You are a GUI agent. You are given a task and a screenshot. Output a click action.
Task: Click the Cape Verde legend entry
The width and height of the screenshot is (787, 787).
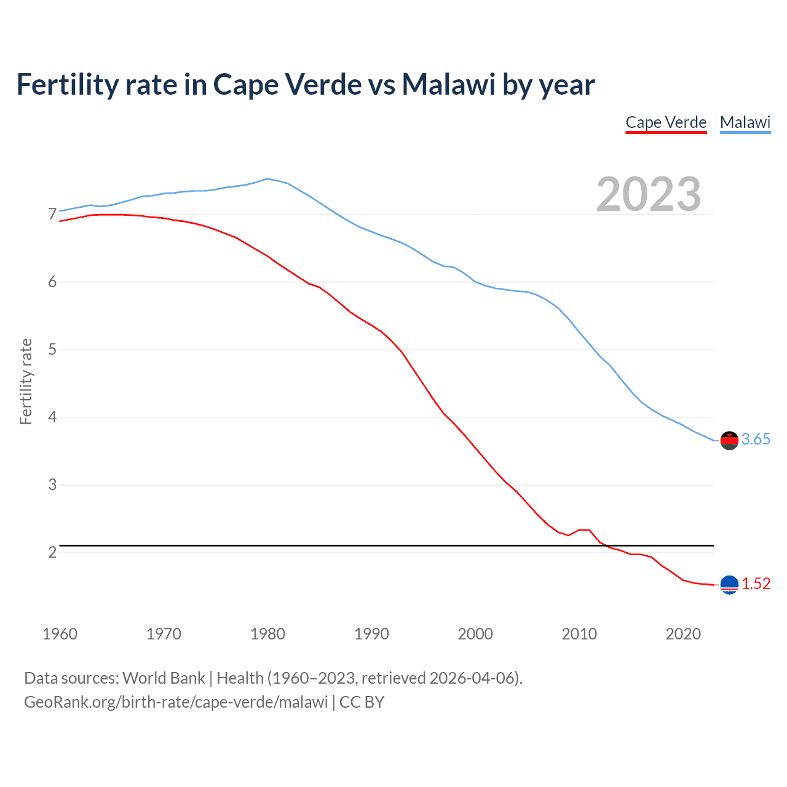pyautogui.click(x=666, y=122)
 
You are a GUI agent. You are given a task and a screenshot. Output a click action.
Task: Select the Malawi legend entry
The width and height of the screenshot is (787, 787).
pyautogui.click(x=745, y=122)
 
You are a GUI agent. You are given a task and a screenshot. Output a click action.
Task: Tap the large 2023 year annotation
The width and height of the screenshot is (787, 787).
pyautogui.click(x=648, y=194)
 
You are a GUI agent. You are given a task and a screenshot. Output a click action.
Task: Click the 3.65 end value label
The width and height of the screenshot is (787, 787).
pyautogui.click(x=756, y=439)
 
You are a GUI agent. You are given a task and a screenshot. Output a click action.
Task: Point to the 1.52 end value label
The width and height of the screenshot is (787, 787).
pyautogui.click(x=756, y=583)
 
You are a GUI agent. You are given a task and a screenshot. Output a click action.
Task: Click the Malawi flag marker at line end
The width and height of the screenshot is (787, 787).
pyautogui.click(x=729, y=440)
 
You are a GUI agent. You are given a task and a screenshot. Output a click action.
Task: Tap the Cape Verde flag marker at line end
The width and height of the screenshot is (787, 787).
pyautogui.click(x=729, y=585)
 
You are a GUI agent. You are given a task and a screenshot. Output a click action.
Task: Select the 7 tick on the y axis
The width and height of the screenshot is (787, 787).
pyautogui.click(x=52, y=215)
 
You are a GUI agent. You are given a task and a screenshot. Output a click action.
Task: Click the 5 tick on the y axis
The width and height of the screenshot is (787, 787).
pyautogui.click(x=52, y=350)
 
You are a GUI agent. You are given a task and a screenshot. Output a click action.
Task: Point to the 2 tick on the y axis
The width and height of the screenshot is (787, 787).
pyautogui.click(x=52, y=552)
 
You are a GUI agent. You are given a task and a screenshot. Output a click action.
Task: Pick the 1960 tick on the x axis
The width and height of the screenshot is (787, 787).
pyautogui.click(x=60, y=634)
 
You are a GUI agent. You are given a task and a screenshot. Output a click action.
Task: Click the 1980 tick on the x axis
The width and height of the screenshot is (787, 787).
pyautogui.click(x=267, y=634)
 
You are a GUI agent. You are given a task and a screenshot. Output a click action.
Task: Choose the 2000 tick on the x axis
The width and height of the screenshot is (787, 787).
pyautogui.click(x=475, y=634)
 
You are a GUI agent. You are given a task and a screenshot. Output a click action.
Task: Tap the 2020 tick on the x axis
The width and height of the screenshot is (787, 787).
pyautogui.click(x=683, y=634)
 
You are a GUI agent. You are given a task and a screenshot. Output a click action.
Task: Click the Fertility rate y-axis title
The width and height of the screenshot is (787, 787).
pyautogui.click(x=26, y=381)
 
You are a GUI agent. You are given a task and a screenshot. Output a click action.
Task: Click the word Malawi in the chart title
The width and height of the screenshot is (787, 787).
pyautogui.click(x=448, y=85)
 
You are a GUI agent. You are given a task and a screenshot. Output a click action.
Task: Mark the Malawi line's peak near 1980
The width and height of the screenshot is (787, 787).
pyautogui.click(x=267, y=179)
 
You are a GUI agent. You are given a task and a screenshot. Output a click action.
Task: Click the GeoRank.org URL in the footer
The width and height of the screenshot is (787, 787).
pyautogui.click(x=176, y=702)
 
